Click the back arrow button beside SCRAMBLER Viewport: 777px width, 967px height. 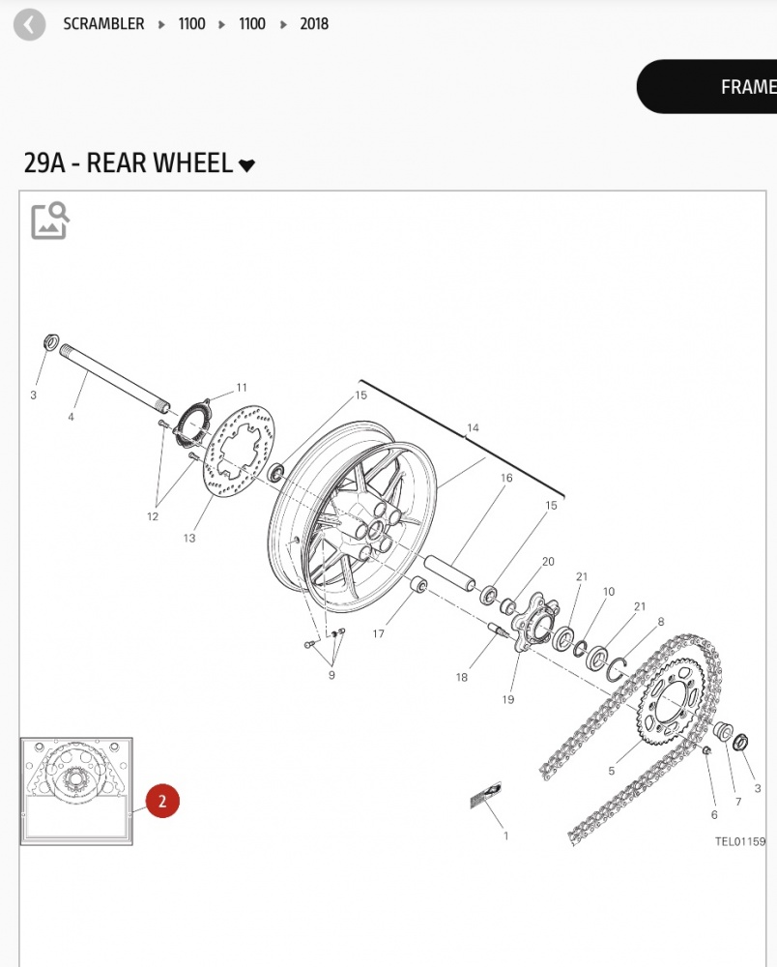point(29,25)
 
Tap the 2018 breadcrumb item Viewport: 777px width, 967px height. point(314,24)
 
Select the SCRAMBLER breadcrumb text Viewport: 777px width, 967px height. point(103,24)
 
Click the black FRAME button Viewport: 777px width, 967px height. point(706,86)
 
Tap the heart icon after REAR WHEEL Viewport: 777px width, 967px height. point(246,165)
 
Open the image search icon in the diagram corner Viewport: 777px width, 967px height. point(50,220)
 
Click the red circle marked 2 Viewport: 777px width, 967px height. point(162,801)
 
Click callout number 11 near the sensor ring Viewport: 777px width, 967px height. point(242,388)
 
